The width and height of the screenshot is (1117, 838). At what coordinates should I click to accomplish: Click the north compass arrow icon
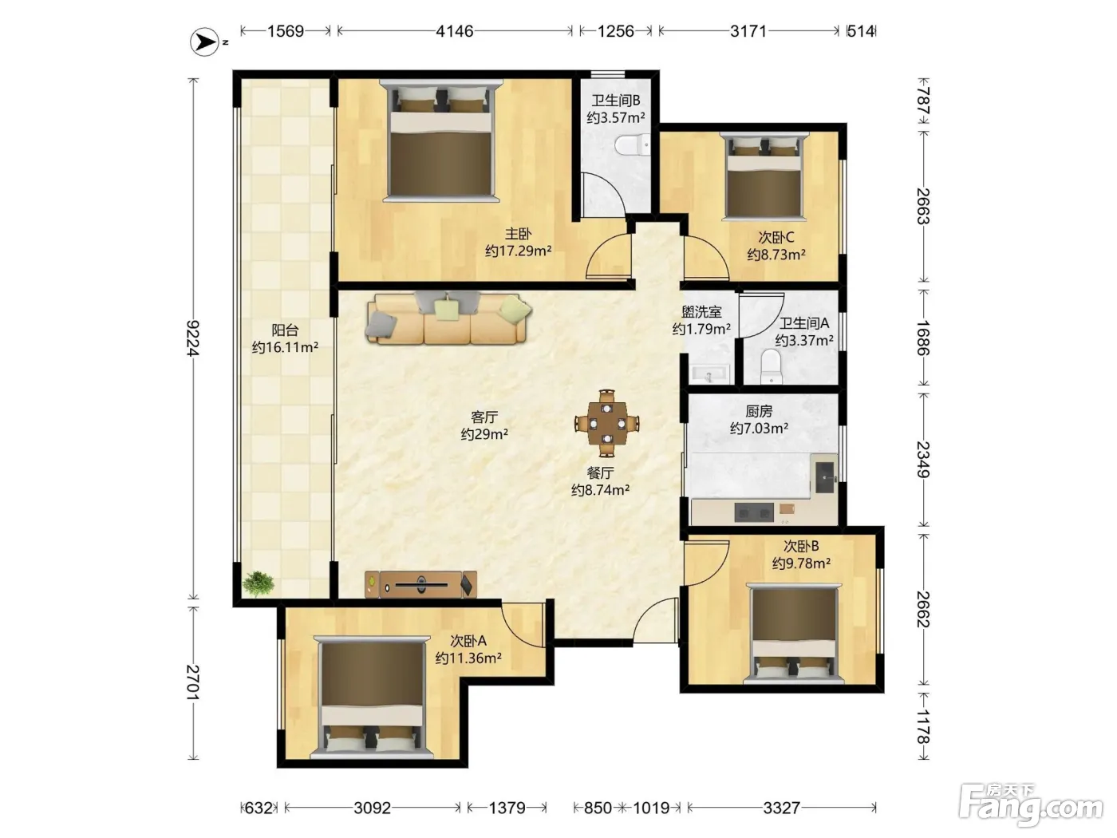pos(205,42)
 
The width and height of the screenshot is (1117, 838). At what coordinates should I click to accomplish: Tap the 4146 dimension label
pos(455,32)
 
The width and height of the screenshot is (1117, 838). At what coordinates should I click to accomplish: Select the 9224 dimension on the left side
pos(193,338)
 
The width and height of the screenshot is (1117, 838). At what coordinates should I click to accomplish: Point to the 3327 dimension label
pos(782,808)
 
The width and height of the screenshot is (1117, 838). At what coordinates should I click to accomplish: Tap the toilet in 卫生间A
pos(771,367)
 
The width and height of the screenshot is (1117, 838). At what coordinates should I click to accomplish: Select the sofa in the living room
pos(448,318)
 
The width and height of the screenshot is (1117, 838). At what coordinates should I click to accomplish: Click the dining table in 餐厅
pos(606,423)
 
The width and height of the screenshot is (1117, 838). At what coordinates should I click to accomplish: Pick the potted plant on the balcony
pos(259,583)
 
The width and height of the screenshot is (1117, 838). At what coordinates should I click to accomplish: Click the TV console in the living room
pos(420,584)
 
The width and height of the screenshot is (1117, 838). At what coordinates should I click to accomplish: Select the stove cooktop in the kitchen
pos(754,512)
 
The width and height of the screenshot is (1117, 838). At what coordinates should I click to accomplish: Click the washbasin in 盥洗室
pos(709,374)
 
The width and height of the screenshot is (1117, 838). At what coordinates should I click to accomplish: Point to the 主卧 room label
pos(518,234)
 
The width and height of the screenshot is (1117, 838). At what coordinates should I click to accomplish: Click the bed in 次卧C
pos(764,176)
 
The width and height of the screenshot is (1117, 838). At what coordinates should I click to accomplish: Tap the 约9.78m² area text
pos(801,563)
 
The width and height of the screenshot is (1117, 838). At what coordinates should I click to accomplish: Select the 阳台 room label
pos(285,330)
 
